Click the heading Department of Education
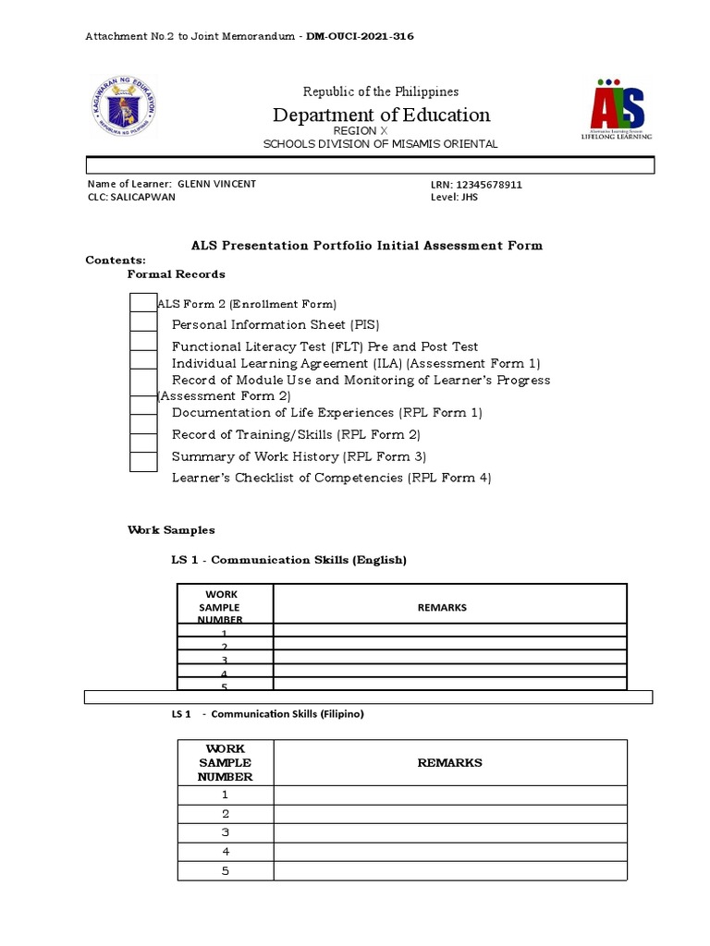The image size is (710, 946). click(381, 115)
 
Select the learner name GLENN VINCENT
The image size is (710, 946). click(216, 184)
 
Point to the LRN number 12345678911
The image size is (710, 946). click(489, 185)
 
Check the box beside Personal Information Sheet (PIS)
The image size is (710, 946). click(143, 322)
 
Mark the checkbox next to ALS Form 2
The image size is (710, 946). click(143, 302)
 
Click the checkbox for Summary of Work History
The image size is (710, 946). click(143, 460)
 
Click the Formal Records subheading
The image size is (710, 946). click(176, 274)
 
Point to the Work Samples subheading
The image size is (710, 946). click(170, 530)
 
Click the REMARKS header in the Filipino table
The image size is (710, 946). click(449, 763)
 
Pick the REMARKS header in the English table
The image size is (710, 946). click(449, 607)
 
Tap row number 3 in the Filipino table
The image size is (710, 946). click(225, 832)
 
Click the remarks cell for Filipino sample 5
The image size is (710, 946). click(449, 871)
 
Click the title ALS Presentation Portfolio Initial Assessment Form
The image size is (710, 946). click(367, 246)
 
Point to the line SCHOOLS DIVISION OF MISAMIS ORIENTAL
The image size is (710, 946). click(380, 144)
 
